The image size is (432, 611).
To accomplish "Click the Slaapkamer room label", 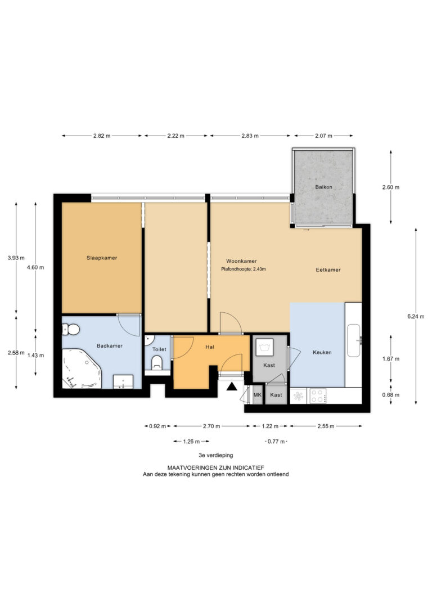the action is pos(102,258).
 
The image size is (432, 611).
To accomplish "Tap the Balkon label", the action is pos(323,187).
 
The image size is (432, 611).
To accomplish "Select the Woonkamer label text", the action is pos(241,261).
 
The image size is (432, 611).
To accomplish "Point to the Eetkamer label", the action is pos(328,269).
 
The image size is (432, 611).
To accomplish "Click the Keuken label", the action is pos(322,352).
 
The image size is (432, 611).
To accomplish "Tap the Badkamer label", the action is pos(110,345).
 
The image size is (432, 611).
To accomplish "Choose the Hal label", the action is pos(210,347).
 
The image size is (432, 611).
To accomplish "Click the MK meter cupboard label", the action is pos(258,395).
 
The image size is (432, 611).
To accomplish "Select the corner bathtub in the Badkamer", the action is pos(81,369).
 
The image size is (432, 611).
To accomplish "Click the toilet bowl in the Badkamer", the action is pos(71,330).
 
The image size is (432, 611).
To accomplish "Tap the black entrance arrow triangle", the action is pos(232,386).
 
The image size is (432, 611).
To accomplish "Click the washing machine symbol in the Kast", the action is pos(264,347).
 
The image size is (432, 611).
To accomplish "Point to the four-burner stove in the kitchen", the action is pos(318,396).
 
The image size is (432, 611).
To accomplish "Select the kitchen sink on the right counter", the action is pos(354,340).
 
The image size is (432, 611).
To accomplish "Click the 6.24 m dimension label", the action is pos(416,316).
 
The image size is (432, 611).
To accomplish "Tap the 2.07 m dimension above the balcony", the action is pos(323,136).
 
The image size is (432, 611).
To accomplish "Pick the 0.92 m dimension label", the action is pos(157,426).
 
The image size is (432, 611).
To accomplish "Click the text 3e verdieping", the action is pos(216,455).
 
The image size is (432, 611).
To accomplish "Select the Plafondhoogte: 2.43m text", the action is pos(244,269).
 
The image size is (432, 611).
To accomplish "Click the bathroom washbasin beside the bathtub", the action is pos(123,382).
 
